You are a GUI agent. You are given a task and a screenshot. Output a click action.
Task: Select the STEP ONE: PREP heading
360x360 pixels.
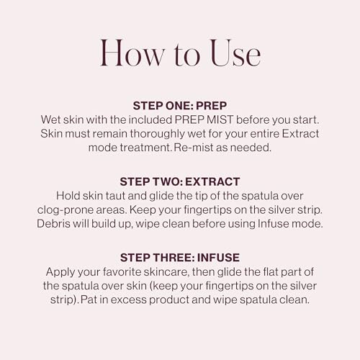point(179,105)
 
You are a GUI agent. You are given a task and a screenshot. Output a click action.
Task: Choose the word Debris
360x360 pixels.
point(55,223)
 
